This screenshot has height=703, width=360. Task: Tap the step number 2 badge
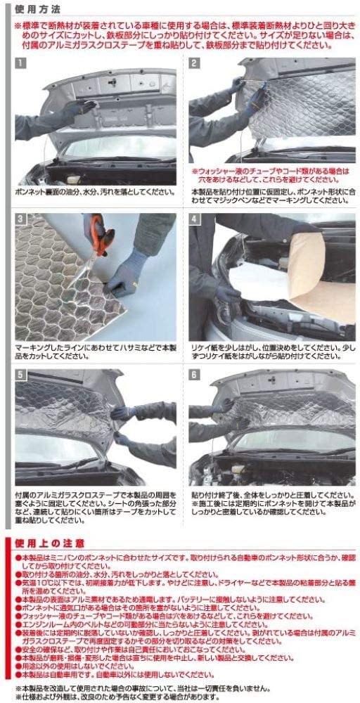(x=195, y=63)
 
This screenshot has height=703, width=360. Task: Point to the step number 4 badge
(x=195, y=219)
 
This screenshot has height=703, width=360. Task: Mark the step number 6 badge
(x=195, y=375)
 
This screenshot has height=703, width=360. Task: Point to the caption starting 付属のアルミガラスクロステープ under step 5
(x=95, y=503)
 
